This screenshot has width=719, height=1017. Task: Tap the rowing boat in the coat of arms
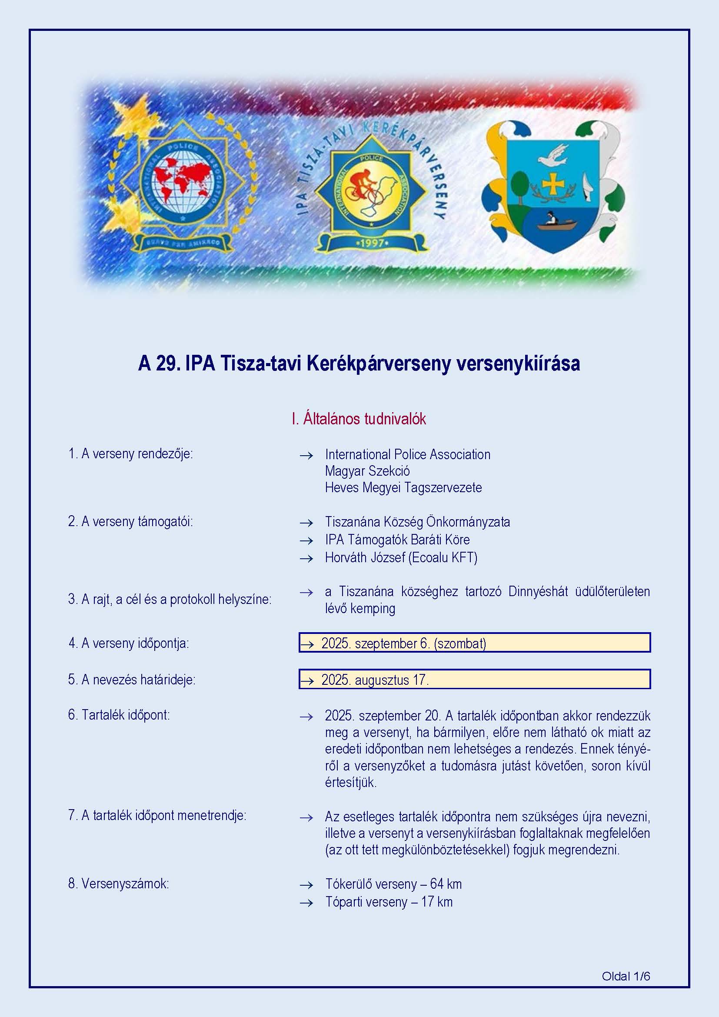[x=556, y=224]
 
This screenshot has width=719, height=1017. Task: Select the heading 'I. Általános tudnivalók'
[x=359, y=419]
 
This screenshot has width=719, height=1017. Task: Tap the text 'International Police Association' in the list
[x=407, y=454]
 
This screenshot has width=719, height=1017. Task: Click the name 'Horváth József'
[x=365, y=557]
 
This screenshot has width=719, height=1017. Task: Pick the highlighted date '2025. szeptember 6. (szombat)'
[x=403, y=643]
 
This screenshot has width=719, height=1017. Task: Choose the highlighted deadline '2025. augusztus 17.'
[x=375, y=680]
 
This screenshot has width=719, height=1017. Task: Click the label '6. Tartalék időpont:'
[x=119, y=715]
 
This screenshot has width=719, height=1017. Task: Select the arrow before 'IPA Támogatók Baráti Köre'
[x=306, y=540]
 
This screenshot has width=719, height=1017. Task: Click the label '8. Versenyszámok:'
[x=118, y=884]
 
